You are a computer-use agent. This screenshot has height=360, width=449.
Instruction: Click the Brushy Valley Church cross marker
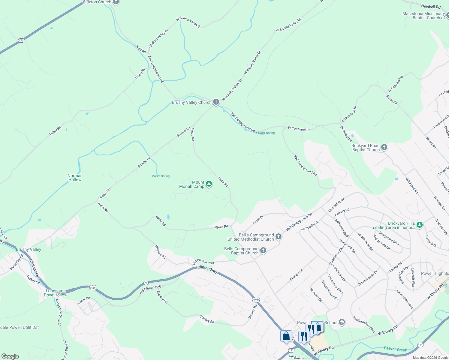(216, 102)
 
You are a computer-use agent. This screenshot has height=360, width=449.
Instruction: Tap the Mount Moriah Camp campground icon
(209, 184)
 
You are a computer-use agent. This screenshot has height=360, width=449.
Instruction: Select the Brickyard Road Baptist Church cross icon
(384, 148)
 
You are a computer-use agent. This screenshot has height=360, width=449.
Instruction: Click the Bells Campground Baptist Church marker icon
(263, 250)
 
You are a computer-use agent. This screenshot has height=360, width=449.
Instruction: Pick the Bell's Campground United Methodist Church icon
(279, 237)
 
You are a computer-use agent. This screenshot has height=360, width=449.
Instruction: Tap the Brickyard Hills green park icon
(420, 224)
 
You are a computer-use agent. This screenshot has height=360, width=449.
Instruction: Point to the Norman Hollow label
(75, 178)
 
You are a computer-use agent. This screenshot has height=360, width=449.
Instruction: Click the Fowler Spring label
(265, 133)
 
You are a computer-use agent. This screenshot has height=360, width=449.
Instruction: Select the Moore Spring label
(161, 176)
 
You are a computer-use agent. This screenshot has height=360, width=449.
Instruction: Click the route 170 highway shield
(21, 40)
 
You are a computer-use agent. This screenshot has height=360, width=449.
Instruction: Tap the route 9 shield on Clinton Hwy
(146, 283)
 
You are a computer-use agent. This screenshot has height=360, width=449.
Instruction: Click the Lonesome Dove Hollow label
(56, 293)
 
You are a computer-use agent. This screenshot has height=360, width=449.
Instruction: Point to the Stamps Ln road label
(296, 275)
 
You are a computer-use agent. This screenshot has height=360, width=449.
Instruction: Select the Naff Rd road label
(141, 49)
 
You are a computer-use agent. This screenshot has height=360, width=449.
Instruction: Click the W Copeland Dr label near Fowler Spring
(299, 129)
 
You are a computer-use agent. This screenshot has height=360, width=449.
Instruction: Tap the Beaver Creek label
(395, 349)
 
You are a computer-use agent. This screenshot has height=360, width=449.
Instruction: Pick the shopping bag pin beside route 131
(286, 336)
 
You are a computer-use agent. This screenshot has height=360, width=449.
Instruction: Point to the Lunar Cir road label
(84, 301)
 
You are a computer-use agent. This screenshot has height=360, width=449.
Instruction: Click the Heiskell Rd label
(431, 7)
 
